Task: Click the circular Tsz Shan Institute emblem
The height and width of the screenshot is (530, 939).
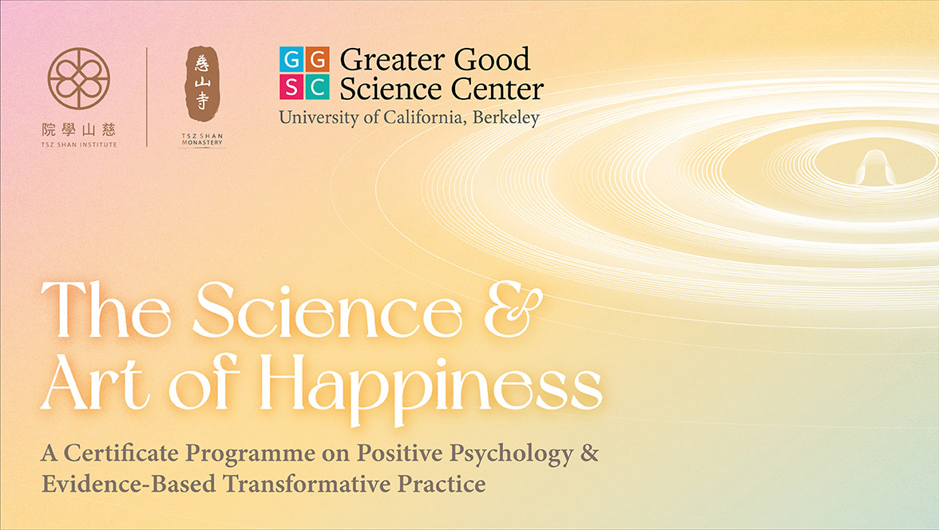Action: pyautogui.click(x=79, y=78)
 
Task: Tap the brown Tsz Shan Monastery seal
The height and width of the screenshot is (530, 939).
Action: pyautogui.click(x=203, y=84)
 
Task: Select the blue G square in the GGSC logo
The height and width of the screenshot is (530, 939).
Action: pyautogui.click(x=291, y=60)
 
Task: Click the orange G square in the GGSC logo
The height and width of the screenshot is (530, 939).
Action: pyautogui.click(x=318, y=60)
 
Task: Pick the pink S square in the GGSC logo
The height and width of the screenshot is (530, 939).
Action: pyautogui.click(x=291, y=87)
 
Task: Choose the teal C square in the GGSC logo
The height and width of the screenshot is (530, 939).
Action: pyautogui.click(x=318, y=87)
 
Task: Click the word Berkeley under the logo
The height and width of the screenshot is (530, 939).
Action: pyautogui.click(x=506, y=117)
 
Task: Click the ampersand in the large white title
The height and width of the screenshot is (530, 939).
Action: pyautogui.click(x=513, y=310)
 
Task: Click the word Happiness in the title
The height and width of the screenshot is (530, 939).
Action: pyautogui.click(x=431, y=386)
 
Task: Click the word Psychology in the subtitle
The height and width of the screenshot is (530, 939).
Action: pyautogui.click(x=511, y=454)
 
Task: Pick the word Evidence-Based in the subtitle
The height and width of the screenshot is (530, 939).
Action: pyautogui.click(x=129, y=484)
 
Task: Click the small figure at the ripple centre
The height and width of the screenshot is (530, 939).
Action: pyautogui.click(x=875, y=167)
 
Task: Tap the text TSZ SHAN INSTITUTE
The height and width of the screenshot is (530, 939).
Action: pyautogui.click(x=79, y=144)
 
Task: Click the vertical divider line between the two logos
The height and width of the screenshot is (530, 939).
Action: pyautogui.click(x=147, y=97)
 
